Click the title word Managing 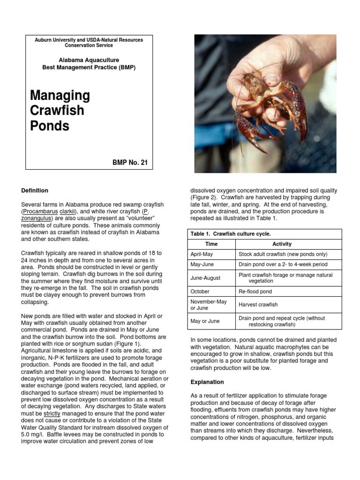60,96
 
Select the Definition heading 35,191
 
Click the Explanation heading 207,382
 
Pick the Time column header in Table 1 211,244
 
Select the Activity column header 282,244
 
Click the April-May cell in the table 202,254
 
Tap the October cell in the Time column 200,291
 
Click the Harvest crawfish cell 258,305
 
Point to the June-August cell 205,278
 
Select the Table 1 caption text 231,233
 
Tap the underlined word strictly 52,414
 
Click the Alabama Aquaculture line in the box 89,60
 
